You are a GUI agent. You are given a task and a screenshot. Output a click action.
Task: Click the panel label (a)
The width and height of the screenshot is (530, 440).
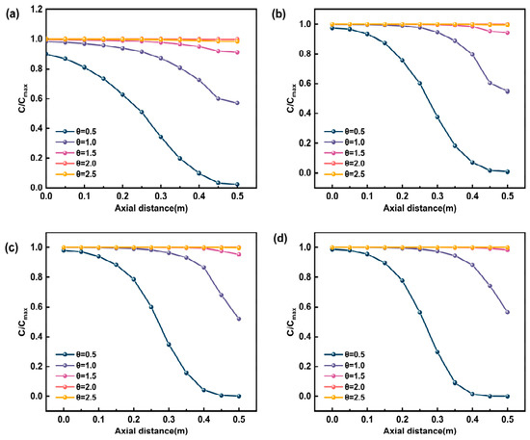[x=12, y=14]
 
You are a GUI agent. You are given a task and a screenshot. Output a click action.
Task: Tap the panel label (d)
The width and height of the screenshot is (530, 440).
[x=281, y=239]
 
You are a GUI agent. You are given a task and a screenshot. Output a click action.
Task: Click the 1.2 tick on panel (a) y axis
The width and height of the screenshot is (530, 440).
[x=37, y=10]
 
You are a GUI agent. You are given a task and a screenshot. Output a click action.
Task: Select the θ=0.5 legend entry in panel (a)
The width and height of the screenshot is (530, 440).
[x=76, y=132]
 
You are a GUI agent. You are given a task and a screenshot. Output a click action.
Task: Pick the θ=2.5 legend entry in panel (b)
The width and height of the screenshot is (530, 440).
[x=344, y=174]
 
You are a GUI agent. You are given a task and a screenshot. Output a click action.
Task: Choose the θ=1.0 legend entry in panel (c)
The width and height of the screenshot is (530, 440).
[x=76, y=365]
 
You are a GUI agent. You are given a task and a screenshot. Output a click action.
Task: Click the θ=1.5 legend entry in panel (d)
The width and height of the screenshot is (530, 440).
[x=344, y=376]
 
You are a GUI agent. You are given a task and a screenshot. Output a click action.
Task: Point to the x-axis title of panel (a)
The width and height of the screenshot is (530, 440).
[x=151, y=208]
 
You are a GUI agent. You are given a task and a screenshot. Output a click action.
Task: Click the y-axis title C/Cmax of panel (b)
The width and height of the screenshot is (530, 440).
[x=291, y=98]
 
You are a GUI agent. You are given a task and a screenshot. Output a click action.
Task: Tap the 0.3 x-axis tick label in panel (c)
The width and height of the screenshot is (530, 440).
[x=169, y=420]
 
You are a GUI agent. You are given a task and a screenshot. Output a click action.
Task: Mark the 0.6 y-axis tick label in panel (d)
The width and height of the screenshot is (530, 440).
[x=305, y=307]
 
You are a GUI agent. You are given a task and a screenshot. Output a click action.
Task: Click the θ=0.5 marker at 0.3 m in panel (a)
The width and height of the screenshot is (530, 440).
[x=161, y=137]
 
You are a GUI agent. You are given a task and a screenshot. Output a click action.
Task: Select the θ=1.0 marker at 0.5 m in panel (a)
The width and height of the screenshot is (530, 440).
[x=237, y=103]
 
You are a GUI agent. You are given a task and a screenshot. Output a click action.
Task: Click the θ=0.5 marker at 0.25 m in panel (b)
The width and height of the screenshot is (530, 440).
[x=420, y=83]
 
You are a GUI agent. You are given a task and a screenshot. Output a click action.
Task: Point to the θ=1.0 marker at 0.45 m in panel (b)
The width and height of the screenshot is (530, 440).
[x=490, y=83]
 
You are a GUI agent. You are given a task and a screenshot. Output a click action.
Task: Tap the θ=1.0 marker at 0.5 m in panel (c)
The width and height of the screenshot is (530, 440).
[x=239, y=319]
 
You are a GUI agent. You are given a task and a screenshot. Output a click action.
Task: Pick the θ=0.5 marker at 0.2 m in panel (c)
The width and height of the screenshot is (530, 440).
[x=134, y=279]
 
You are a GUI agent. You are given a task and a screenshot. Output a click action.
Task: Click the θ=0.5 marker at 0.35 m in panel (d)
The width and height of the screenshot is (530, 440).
[x=455, y=382]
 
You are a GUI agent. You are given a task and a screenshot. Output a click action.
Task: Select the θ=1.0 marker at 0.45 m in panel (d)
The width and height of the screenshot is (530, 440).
[x=490, y=286]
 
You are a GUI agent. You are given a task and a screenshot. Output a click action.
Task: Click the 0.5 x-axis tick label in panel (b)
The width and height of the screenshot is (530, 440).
[x=507, y=196]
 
